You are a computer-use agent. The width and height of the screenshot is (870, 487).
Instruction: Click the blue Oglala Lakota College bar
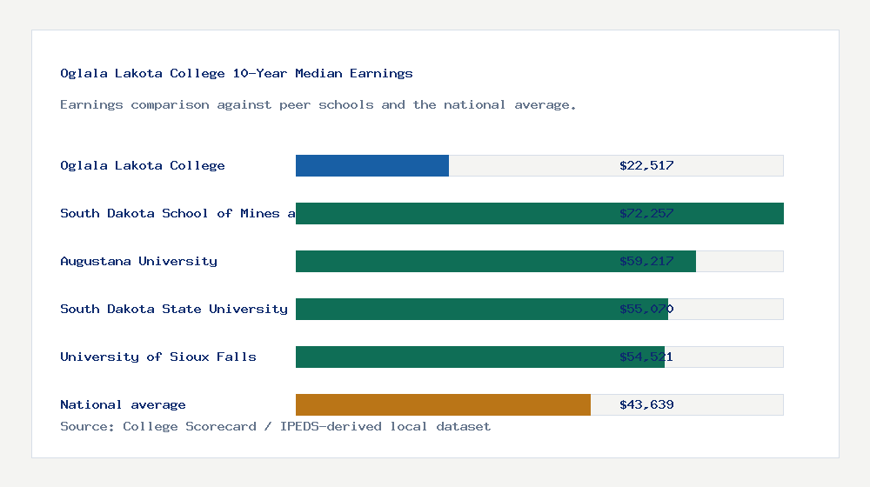(372, 165)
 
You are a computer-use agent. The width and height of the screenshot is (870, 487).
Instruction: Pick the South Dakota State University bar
(452, 309)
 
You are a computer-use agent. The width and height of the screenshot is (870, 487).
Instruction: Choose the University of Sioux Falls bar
(452, 357)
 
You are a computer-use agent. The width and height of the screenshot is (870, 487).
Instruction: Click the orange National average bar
(443, 404)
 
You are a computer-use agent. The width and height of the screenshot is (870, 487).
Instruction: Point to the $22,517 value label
(646, 165)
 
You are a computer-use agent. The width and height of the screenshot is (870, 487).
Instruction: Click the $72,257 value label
(646, 213)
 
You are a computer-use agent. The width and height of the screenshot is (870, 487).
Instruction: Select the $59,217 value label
(646, 261)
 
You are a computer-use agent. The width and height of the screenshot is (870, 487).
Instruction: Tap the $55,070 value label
(646, 309)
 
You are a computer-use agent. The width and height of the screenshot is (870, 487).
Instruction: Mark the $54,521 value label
(646, 357)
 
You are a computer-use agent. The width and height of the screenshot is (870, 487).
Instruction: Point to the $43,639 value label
(646, 404)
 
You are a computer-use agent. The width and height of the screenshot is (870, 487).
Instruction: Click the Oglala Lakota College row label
(143, 165)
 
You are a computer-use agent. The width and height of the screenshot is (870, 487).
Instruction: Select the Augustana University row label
(138, 261)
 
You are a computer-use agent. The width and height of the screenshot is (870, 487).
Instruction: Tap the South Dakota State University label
(174, 309)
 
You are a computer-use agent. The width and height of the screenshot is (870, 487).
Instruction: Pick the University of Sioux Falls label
(158, 357)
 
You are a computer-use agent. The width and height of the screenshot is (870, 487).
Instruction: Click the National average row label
(123, 404)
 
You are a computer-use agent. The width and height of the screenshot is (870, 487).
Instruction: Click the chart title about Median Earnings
(237, 74)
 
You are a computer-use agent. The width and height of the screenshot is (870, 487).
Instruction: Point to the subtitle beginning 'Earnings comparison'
(318, 105)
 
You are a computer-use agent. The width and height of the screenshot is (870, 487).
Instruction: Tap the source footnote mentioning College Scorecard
(275, 427)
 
